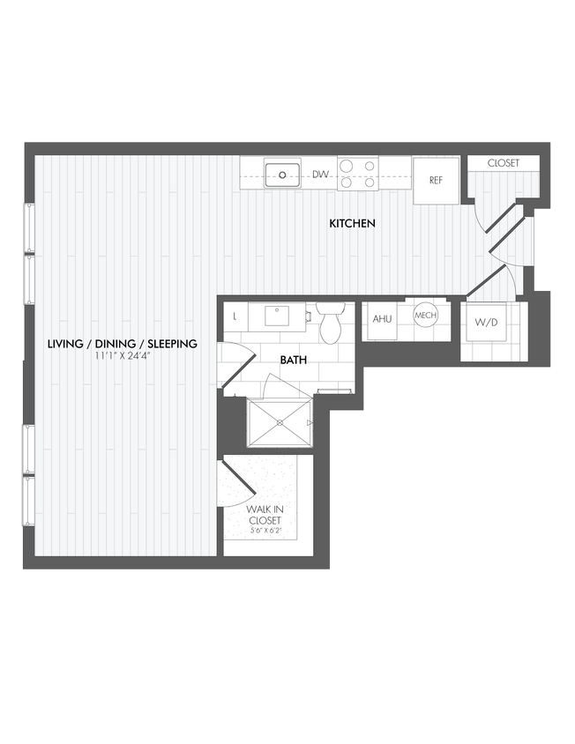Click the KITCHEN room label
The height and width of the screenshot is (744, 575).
tap(353, 224)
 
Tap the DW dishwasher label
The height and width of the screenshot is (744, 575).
tap(320, 175)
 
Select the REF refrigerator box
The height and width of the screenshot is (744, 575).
tap(436, 181)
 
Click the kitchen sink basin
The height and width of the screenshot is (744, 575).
tap(283, 175)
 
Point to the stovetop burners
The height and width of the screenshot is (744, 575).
tap(357, 174)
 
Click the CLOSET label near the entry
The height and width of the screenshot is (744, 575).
tap(504, 163)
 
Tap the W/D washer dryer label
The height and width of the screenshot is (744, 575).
tap(486, 323)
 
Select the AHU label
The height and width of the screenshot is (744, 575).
tap(382, 319)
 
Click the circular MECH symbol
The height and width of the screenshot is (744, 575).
tap(426, 316)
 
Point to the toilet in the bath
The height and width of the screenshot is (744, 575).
tap(331, 325)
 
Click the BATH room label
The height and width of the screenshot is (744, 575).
tap(294, 361)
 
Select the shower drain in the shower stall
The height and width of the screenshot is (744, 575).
tap(280, 424)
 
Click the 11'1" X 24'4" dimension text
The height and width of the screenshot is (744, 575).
tap(122, 357)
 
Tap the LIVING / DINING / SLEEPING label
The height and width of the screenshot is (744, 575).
tap(122, 344)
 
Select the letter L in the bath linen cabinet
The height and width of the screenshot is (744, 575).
tap(235, 316)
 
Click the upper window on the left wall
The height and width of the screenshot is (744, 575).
tap(28, 254)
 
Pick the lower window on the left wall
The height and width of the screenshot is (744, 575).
tap(28, 476)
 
